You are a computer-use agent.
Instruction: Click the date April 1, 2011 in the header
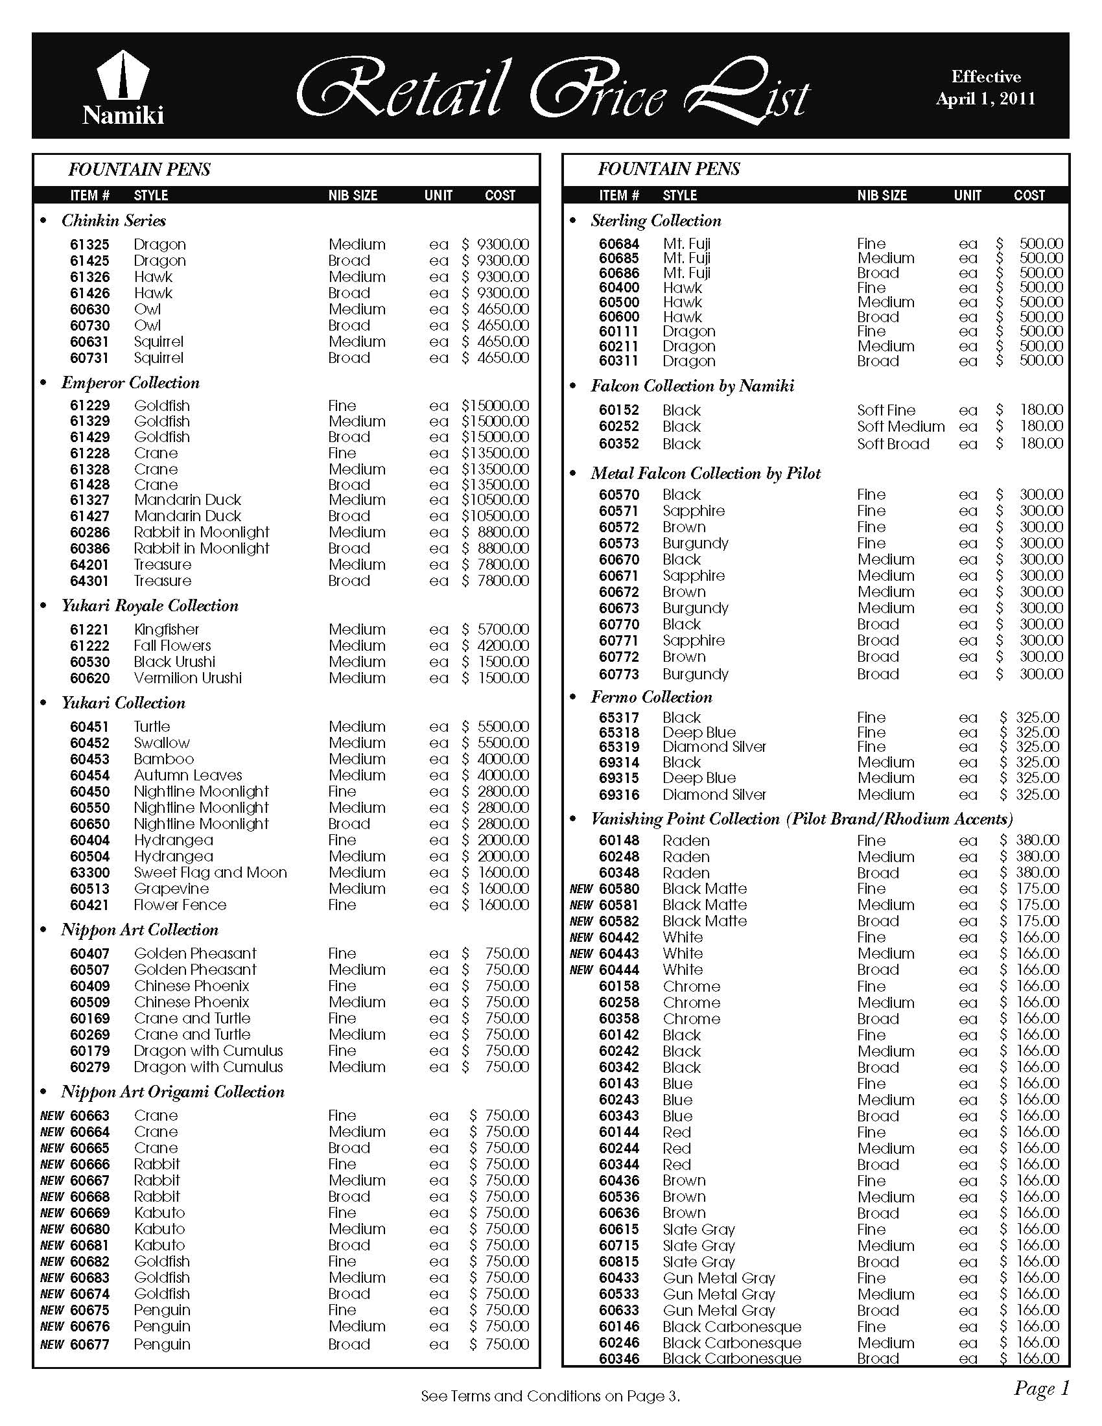click(985, 99)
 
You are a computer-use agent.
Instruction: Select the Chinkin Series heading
click(113, 220)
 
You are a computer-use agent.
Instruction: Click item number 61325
click(90, 244)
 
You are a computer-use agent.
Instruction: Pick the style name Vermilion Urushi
click(187, 678)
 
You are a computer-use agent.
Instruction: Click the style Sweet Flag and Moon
click(210, 872)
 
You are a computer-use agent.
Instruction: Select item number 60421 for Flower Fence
click(90, 905)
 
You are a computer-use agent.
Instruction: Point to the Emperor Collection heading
click(130, 382)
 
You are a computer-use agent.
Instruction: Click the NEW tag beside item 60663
click(53, 1116)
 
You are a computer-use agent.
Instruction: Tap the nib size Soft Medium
click(901, 427)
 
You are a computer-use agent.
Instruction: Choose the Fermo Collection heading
click(651, 697)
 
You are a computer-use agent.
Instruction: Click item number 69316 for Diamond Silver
click(619, 795)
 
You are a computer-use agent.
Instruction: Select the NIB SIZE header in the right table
click(882, 195)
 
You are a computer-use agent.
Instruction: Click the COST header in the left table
click(500, 195)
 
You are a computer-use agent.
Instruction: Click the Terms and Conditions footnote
click(550, 1397)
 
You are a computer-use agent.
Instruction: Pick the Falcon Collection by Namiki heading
click(693, 386)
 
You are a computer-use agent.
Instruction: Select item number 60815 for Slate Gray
click(619, 1262)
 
